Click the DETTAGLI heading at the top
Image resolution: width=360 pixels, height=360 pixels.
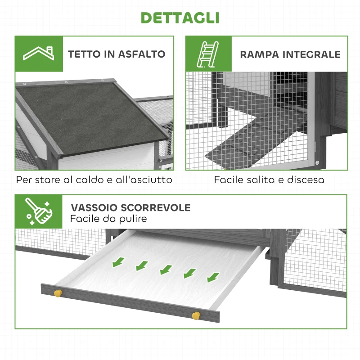[x=180, y=18]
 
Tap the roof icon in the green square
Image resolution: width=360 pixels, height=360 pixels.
[x=38, y=54]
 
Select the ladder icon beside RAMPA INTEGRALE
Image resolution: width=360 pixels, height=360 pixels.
[x=208, y=54]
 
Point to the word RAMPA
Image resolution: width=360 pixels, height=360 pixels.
[x=260, y=54]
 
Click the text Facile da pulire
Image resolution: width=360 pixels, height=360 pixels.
[x=108, y=219]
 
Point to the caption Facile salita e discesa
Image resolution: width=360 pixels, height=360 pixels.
[x=269, y=180]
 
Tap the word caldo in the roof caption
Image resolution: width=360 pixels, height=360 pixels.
[x=85, y=180]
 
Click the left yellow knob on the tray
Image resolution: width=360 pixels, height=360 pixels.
[x=57, y=293]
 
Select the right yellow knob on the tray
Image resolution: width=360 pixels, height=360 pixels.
[x=195, y=315]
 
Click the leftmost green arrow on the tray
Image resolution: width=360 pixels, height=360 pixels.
[x=119, y=261]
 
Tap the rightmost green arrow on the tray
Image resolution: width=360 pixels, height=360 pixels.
[x=211, y=277]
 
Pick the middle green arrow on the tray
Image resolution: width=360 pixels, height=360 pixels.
[x=165, y=269]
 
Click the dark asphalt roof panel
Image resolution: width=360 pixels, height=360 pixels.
[x=90, y=112]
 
